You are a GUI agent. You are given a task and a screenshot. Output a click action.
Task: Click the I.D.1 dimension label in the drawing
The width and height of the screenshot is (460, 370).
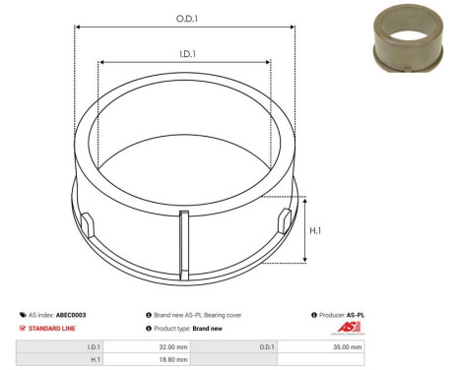[x=184, y=55]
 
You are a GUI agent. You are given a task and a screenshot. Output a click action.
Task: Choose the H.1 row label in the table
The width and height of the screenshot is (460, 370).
[x=95, y=360]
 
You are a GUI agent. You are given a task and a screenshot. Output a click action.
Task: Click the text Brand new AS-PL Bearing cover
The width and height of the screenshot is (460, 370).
[x=197, y=314]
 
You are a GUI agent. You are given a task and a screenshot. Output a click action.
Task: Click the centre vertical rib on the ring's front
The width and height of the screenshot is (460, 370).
[x=183, y=238]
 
